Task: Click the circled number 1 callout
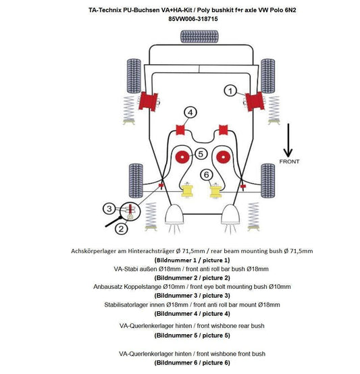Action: (230, 91)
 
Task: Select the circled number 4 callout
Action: (190, 112)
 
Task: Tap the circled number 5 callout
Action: (201, 154)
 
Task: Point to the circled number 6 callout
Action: (207, 175)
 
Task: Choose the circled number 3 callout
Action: (109, 209)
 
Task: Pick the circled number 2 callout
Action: (121, 229)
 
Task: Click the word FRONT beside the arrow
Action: (289, 161)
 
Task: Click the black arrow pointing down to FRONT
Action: (288, 140)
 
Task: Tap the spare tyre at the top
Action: (199, 36)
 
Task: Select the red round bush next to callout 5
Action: (183, 157)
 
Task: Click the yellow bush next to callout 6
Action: (215, 191)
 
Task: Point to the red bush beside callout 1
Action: (255, 102)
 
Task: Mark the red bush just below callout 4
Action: (180, 130)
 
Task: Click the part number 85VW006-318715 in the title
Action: (193, 19)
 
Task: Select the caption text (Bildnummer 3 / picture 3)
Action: (192, 296)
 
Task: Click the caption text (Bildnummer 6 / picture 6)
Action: (192, 363)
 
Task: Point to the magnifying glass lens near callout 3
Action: (130, 211)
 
